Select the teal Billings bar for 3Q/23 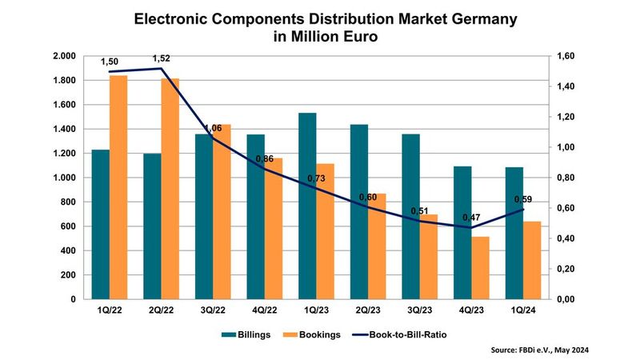(410, 216)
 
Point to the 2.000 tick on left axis (63, 57)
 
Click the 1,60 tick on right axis (566, 57)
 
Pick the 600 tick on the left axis (69, 226)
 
